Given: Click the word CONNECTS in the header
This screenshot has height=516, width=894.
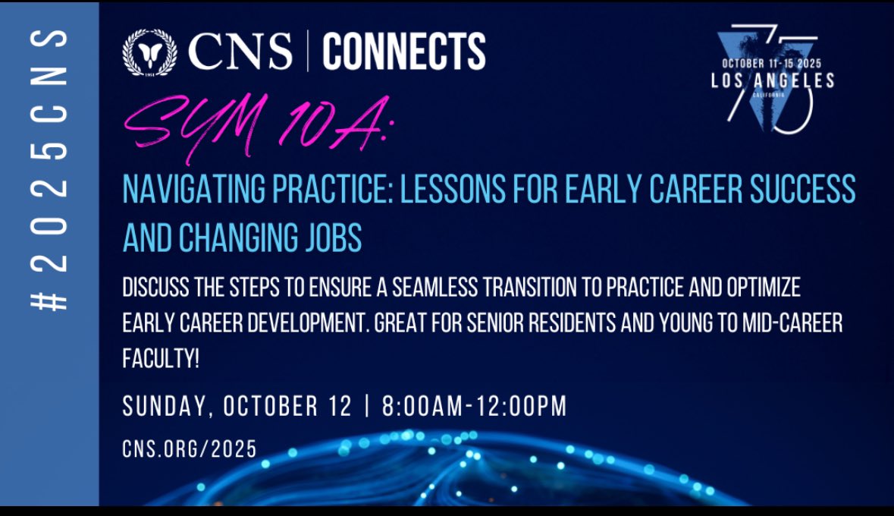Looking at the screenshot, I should (403, 52).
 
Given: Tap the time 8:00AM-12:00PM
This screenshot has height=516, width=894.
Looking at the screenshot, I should (474, 407).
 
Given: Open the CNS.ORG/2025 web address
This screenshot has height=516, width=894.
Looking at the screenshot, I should (190, 449).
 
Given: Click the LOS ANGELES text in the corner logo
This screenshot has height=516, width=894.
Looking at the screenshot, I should (773, 80).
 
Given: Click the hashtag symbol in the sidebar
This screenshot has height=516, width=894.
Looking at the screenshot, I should (49, 301).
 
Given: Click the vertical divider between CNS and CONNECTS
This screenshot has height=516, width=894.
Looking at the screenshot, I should (307, 52).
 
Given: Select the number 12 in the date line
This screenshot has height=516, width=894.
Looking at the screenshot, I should (339, 407).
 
